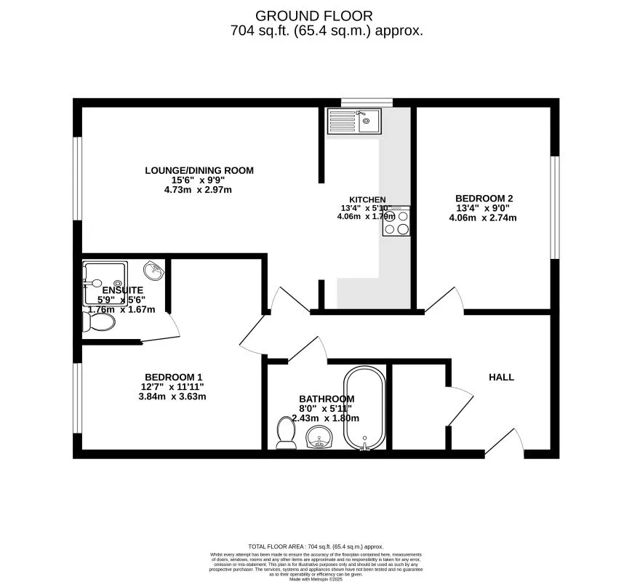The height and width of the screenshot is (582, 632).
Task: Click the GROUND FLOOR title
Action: [x=313, y=15]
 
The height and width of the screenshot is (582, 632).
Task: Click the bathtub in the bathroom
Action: [x=364, y=409]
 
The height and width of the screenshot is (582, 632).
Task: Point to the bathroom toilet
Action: [x=285, y=434]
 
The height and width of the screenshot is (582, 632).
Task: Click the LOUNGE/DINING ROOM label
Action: [x=199, y=171]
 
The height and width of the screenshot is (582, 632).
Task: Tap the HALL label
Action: [x=501, y=377]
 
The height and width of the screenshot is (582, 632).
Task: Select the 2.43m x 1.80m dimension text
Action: [x=326, y=418]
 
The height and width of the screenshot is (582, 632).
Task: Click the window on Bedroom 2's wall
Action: [x=555, y=207]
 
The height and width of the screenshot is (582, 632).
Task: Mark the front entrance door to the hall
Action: [x=505, y=442]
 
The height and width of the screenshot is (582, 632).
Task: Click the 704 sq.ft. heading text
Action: [x=327, y=31]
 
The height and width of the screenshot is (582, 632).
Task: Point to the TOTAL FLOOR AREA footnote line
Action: [x=316, y=546]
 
